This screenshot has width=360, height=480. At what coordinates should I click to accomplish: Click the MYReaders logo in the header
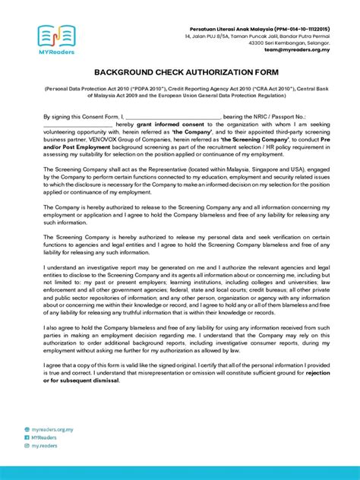(x=55, y=39)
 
